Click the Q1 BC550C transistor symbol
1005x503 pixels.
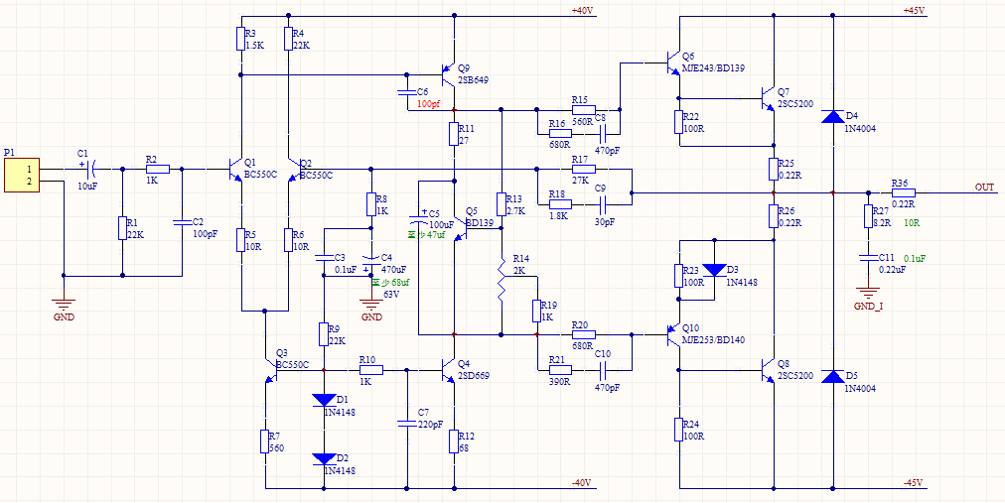[236, 170]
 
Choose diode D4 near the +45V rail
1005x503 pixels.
[833, 117]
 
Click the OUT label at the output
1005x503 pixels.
[984, 187]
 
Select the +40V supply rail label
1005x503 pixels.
[582, 10]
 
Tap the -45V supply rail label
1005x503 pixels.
[914, 483]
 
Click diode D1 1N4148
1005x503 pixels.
[324, 400]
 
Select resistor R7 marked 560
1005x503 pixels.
[266, 441]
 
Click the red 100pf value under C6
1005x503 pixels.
[428, 103]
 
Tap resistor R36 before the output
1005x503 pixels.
[903, 192]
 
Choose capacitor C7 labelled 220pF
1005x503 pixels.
[406, 424]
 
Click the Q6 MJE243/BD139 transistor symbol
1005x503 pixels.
[674, 66]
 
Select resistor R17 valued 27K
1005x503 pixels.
[582, 169]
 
